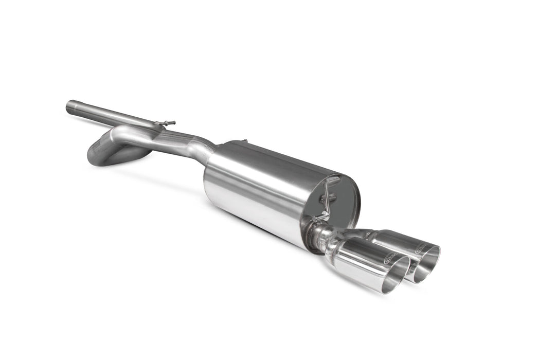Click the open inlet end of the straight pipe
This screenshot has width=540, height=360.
[69, 107]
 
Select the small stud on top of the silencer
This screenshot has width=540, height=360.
[245, 140]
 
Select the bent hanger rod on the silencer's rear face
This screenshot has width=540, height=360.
[329, 198]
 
